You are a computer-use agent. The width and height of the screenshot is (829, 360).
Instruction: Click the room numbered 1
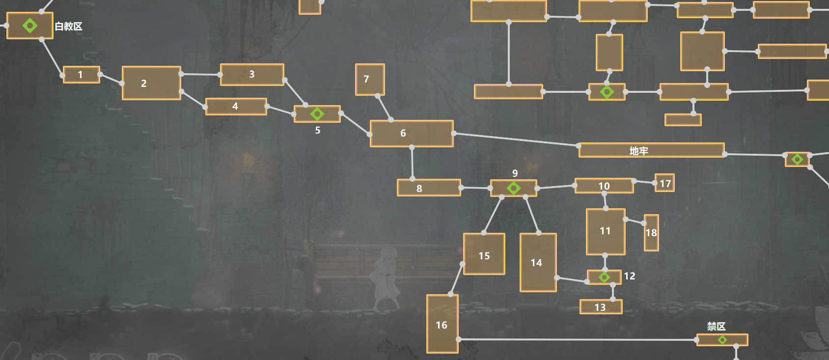82,75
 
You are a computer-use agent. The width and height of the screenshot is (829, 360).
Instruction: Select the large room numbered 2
151,83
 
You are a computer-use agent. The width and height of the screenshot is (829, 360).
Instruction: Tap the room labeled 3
252,75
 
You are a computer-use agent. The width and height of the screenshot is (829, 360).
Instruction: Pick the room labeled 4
236,107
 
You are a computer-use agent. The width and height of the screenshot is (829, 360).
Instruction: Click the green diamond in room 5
317,114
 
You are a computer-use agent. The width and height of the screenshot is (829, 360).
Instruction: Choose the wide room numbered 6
412,134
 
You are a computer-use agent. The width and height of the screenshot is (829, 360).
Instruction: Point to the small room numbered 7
370,80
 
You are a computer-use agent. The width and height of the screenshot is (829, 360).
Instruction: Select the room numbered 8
429,188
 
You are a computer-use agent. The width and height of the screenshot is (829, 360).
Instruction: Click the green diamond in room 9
514,188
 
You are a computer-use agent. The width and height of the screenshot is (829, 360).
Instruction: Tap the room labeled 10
604,186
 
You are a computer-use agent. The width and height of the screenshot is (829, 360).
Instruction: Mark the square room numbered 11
606,231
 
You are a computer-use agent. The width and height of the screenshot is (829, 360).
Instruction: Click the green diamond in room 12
604,277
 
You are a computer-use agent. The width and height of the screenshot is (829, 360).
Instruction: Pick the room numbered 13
601,307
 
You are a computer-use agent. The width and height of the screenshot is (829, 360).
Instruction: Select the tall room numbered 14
538,262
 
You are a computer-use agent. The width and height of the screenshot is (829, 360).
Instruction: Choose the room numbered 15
484,254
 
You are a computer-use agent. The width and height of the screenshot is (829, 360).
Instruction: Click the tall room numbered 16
442,324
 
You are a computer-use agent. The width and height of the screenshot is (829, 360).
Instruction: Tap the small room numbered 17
664,183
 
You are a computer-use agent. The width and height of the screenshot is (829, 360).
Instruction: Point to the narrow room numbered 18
651,233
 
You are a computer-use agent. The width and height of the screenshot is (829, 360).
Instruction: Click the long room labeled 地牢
651,150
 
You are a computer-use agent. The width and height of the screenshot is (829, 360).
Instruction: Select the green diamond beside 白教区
30,26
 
